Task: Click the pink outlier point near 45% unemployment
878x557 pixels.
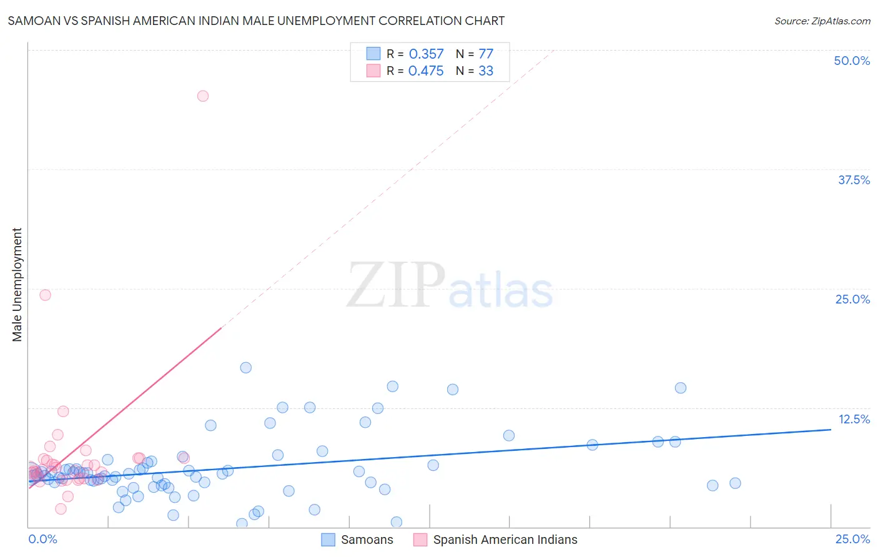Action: [203, 96]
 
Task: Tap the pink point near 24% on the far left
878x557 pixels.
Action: [45, 295]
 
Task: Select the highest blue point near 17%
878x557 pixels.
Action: [246, 368]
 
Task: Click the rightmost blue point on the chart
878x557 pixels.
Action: [735, 483]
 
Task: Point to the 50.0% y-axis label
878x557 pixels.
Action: [852, 61]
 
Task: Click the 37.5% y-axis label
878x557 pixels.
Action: [854, 180]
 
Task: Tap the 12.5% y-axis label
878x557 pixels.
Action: [854, 419]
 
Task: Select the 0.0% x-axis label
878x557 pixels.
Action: [43, 539]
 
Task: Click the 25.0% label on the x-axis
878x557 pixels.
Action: [852, 539]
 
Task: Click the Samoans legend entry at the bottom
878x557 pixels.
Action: [367, 540]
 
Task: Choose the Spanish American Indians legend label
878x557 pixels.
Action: [505, 540]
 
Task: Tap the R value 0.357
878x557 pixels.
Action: [426, 54]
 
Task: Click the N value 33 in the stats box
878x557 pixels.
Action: [486, 71]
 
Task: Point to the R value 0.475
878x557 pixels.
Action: [426, 71]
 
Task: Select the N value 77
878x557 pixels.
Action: [486, 54]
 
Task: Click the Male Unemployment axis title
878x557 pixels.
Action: [17, 285]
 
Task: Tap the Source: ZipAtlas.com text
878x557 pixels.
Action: [822, 21]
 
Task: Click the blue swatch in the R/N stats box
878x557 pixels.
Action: [373, 54]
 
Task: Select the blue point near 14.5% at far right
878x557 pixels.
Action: [681, 388]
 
